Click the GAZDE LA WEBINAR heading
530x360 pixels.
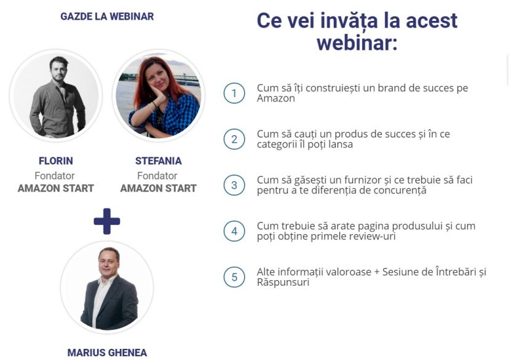[x=107, y=16]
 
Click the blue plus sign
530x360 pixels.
[x=107, y=221]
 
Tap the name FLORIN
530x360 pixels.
[x=56, y=161]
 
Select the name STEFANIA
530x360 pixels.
[x=158, y=161]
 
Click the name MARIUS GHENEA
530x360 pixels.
[x=107, y=353]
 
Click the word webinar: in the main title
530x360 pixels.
[x=357, y=43]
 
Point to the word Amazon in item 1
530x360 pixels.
[x=276, y=98]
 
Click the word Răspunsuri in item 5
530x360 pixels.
[x=283, y=283]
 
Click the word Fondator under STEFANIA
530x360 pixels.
[x=157, y=176]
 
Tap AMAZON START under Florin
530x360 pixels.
[x=56, y=188]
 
